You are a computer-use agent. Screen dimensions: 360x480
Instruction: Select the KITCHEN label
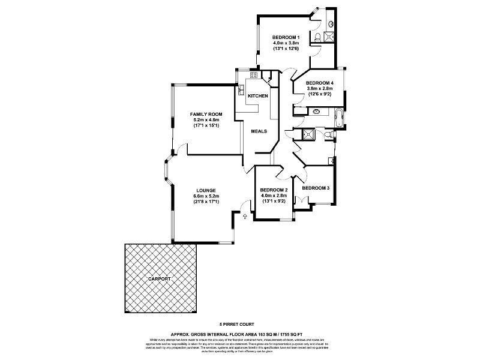click(x=258, y=96)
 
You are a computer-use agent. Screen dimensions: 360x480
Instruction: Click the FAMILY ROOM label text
click(x=206, y=114)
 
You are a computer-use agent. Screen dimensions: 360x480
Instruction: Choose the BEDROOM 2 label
click(x=273, y=190)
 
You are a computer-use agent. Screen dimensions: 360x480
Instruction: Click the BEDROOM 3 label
click(x=316, y=188)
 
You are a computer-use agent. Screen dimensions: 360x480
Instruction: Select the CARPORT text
click(x=160, y=280)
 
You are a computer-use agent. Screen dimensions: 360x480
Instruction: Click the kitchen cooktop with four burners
click(x=254, y=75)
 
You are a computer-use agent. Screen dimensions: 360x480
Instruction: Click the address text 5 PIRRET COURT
click(x=239, y=322)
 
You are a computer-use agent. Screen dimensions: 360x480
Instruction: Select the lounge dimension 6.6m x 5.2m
click(x=206, y=196)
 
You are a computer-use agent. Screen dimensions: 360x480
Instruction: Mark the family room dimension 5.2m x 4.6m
click(x=206, y=120)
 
